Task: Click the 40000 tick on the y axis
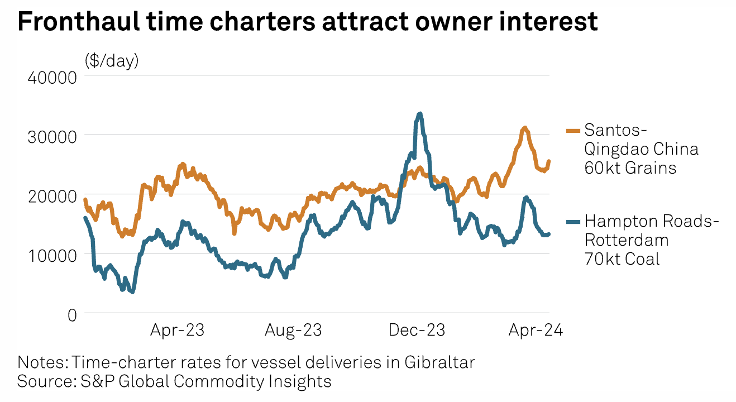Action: [51, 76]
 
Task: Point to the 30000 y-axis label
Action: [51, 136]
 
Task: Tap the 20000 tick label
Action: [51, 195]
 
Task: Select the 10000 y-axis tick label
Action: [51, 255]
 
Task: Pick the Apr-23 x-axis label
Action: [177, 330]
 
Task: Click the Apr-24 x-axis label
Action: [535, 330]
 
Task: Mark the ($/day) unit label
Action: [112, 60]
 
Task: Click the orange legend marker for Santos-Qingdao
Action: [573, 131]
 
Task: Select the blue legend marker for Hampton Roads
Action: [573, 222]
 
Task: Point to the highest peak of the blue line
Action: [419, 113]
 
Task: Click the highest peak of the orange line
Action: [524, 128]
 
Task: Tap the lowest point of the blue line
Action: [132, 291]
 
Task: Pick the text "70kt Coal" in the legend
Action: [622, 259]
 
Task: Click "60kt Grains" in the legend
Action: [630, 167]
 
